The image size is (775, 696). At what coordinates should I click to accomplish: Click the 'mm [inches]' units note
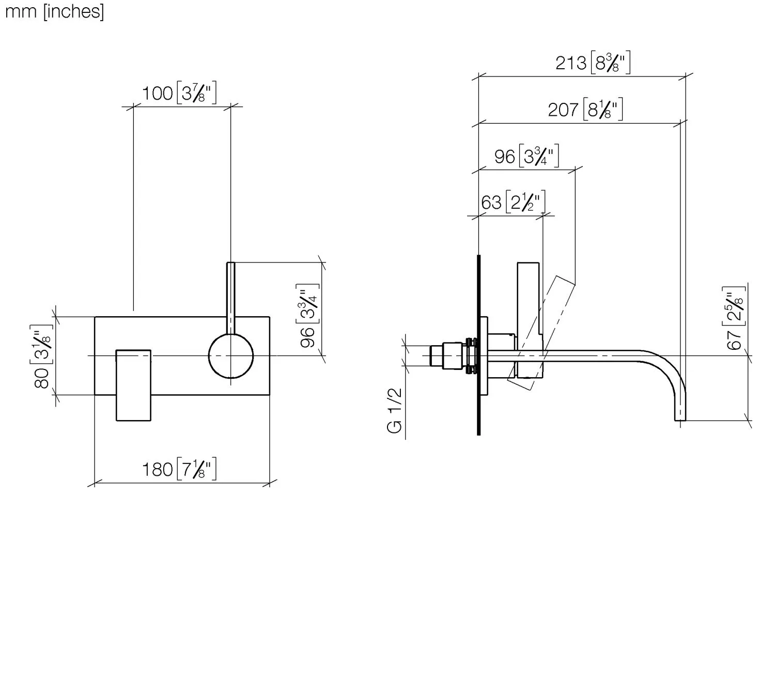click(54, 11)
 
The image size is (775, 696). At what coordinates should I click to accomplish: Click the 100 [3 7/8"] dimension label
click(179, 93)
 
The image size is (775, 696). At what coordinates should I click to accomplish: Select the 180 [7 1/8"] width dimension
click(179, 469)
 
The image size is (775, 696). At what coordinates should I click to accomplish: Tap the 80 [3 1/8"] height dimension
click(42, 356)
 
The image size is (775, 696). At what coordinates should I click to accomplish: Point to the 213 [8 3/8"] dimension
click(593, 63)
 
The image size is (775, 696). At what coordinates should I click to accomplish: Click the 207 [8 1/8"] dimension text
click(585, 110)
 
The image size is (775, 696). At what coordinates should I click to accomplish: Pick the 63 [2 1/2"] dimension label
click(513, 202)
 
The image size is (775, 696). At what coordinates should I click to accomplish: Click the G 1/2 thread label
click(395, 411)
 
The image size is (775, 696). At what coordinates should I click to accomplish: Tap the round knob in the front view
click(230, 356)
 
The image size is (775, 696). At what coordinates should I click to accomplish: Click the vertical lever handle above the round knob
click(230, 298)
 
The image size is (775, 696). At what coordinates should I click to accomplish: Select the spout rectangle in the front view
click(133, 385)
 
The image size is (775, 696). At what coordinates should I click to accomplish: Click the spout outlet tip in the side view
click(680, 420)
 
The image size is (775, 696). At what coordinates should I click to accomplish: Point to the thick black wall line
click(478, 345)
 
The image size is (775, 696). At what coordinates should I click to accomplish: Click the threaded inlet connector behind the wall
click(454, 356)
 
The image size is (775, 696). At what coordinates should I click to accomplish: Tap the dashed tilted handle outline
click(541, 333)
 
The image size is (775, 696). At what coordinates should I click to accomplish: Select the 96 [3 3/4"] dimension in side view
click(526, 156)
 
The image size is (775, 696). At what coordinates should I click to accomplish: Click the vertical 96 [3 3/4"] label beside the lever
click(307, 316)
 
